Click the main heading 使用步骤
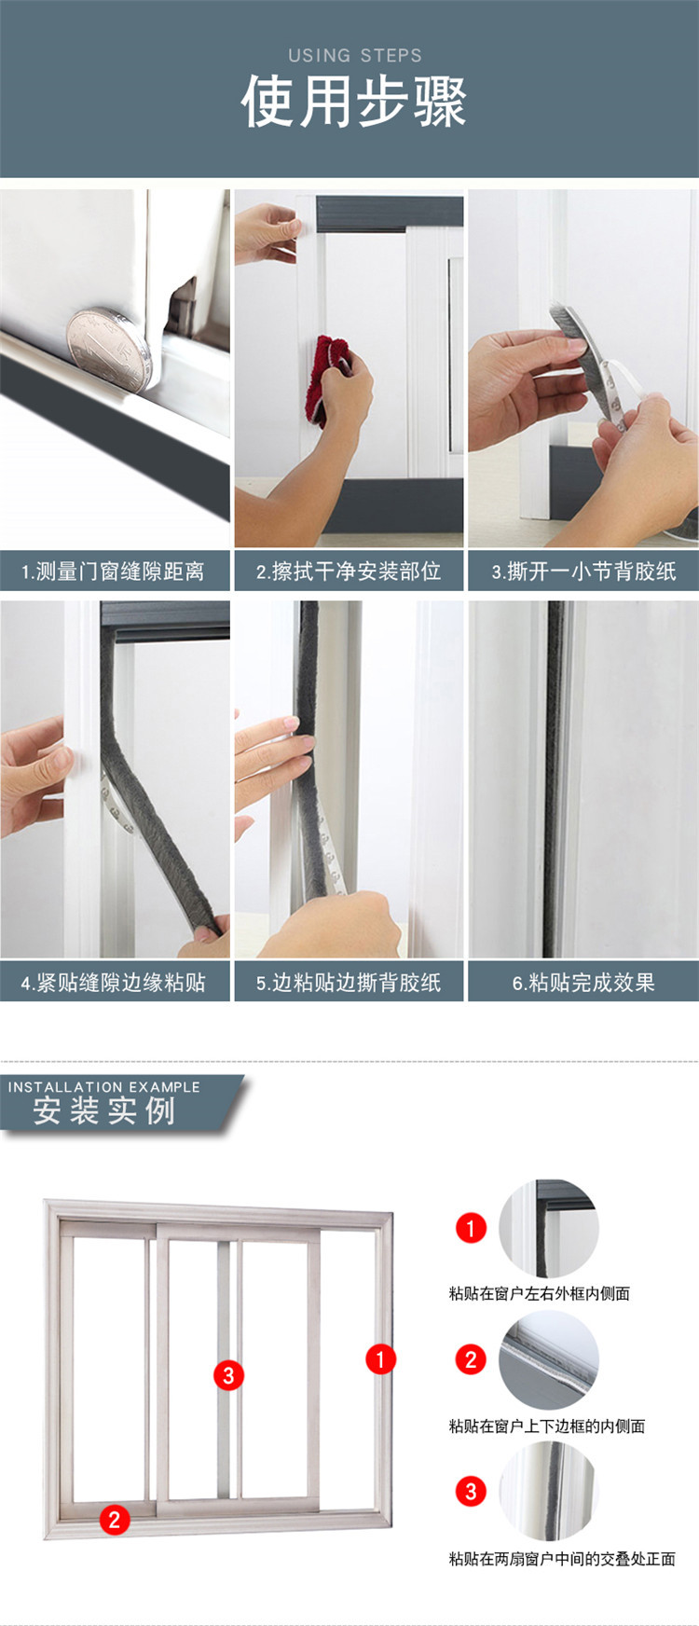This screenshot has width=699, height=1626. [x=353, y=101]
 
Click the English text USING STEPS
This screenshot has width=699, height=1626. [x=354, y=55]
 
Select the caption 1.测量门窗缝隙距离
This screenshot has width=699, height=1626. [x=114, y=571]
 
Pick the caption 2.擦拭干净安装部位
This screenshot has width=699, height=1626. [x=349, y=571]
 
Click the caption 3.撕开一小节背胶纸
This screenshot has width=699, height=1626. [x=583, y=571]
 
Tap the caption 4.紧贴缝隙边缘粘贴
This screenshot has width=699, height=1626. [x=114, y=982]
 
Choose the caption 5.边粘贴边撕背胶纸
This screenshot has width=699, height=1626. [x=349, y=982]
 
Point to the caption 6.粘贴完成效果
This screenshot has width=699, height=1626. [x=583, y=982]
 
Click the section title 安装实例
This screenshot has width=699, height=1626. [x=104, y=1111]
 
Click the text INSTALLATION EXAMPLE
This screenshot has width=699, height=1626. [x=104, y=1086]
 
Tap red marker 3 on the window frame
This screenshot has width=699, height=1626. [x=228, y=1374]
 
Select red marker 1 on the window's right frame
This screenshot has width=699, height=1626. [x=380, y=1358]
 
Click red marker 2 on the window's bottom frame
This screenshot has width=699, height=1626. [x=115, y=1520]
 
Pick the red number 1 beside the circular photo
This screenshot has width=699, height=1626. [x=471, y=1228]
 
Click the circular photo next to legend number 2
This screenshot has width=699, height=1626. [x=549, y=1360]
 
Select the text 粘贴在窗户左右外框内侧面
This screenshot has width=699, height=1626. [x=539, y=1293]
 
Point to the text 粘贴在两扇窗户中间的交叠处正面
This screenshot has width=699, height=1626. [x=562, y=1558]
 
